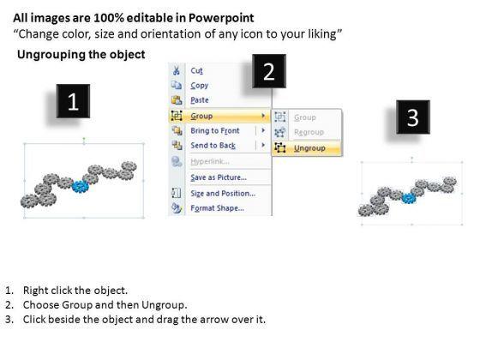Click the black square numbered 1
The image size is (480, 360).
(73, 101)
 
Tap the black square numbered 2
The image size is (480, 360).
(269, 71)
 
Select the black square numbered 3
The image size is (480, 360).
(413, 117)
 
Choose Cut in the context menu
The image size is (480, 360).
(196, 70)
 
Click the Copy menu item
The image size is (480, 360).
(199, 86)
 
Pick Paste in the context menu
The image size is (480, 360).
(200, 100)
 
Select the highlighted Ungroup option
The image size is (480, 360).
(309, 148)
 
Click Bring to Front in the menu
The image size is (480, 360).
(215, 130)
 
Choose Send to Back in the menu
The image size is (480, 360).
(213, 146)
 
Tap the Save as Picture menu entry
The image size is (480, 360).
(219, 177)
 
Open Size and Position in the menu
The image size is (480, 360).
(223, 194)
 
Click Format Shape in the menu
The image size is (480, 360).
(217, 208)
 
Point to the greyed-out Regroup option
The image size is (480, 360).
(309, 132)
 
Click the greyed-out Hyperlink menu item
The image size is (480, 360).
(210, 161)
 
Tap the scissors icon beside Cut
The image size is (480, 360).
(177, 70)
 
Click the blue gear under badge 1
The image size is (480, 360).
(81, 187)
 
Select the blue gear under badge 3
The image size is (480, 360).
(409, 198)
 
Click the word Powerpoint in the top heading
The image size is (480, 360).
(221, 18)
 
